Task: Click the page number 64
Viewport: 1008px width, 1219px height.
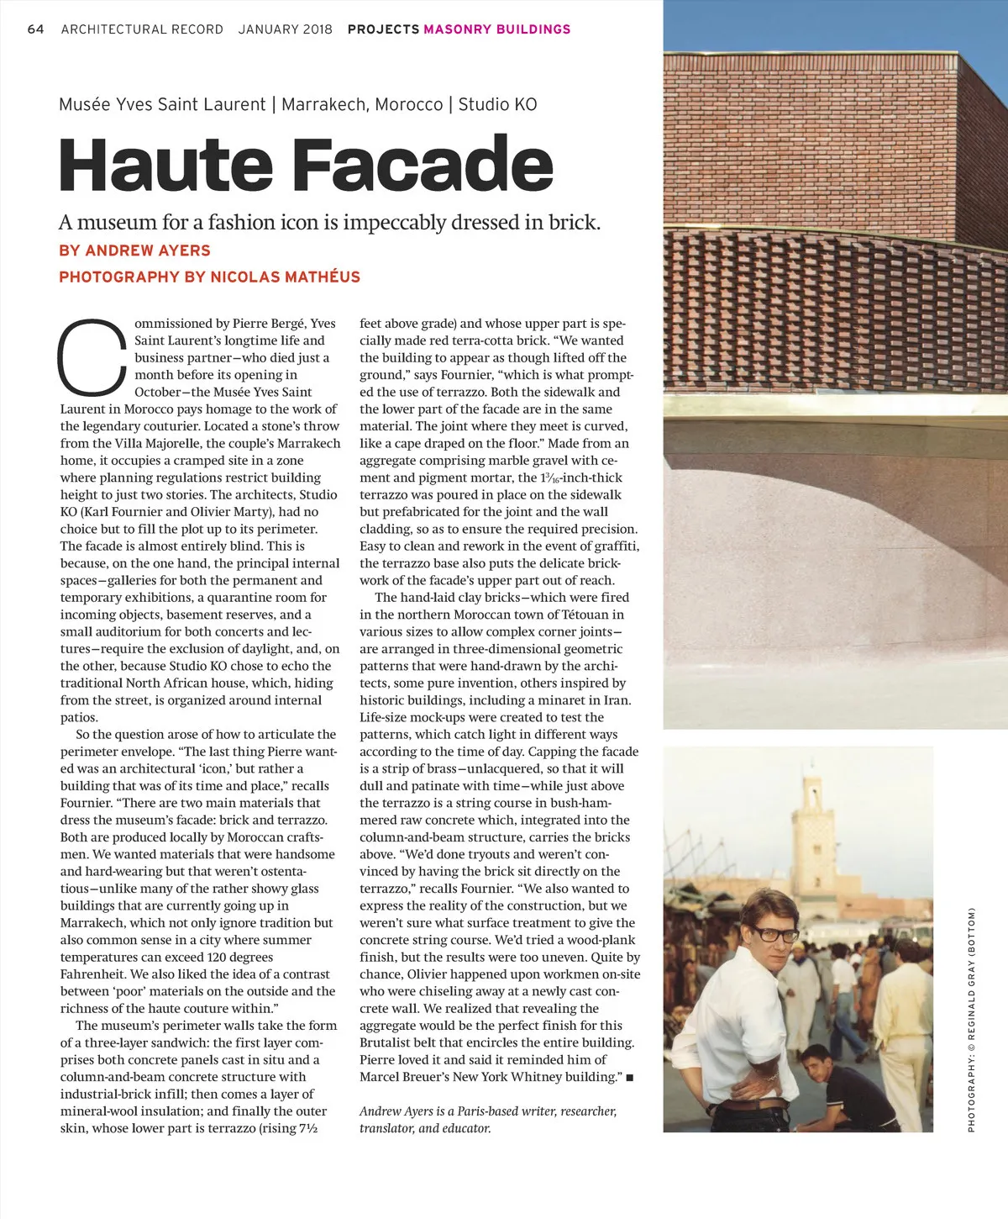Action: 35,29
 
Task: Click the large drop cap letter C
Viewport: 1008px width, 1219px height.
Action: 92,358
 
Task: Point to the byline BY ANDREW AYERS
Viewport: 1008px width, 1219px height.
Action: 134,251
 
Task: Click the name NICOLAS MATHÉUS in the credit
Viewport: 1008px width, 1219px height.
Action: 285,277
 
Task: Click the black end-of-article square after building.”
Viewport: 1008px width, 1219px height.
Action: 630,1078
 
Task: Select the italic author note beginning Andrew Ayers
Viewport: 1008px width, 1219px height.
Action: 487,1119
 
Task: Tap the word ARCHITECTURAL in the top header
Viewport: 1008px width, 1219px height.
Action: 142,29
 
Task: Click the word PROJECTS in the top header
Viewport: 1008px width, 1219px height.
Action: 383,29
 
